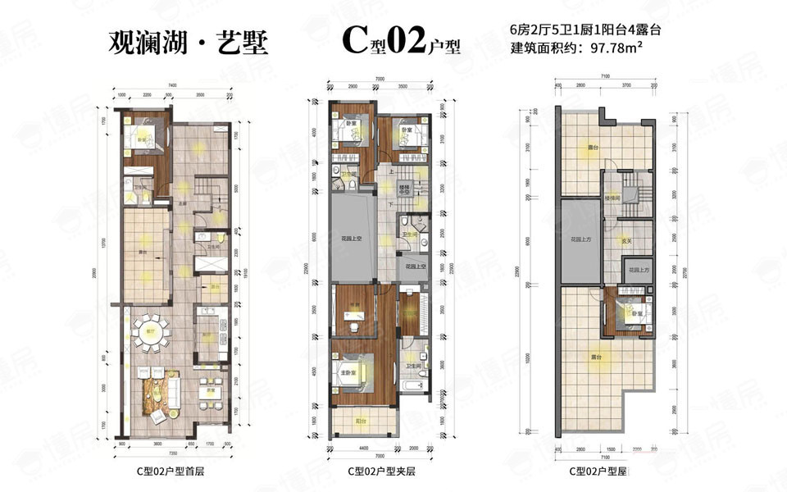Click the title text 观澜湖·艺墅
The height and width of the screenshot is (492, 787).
tap(189, 43)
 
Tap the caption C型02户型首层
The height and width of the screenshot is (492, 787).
tap(172, 471)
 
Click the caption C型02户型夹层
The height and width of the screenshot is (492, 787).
tap(382, 471)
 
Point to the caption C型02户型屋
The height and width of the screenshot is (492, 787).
tap(599, 471)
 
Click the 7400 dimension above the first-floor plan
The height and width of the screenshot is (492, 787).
tap(174, 85)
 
